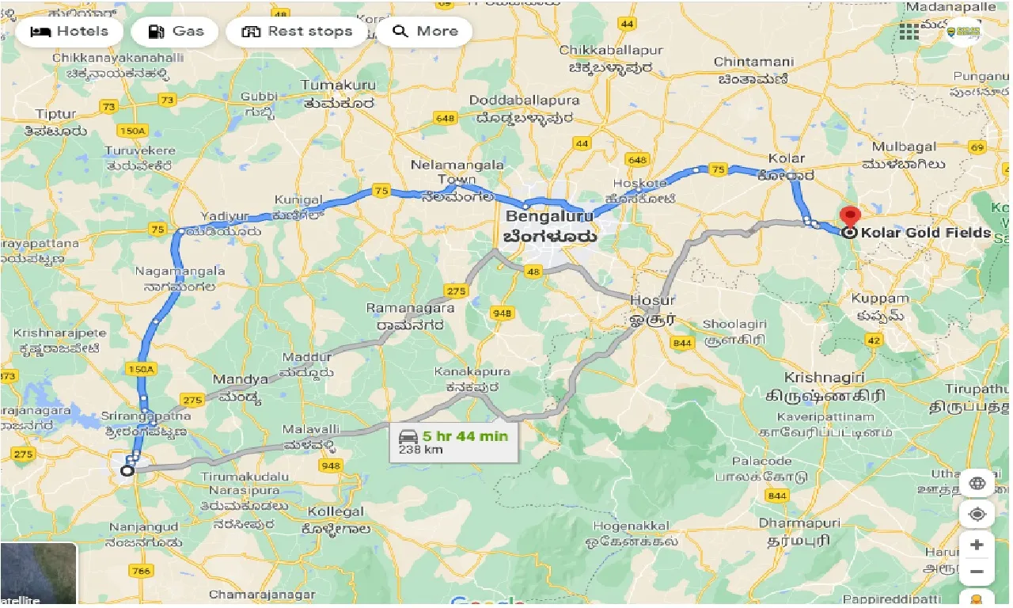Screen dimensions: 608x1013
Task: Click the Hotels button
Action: coord(69,32)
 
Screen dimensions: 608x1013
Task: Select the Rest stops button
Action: coord(297,32)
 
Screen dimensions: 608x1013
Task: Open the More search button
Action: coord(425,32)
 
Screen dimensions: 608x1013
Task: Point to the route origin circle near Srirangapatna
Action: coord(127,471)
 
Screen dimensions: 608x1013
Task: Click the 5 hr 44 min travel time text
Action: coord(465,435)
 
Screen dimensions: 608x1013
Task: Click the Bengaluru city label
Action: coord(549,216)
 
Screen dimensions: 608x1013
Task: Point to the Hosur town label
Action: coord(652,301)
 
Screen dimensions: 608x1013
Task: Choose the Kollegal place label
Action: coord(336,511)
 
